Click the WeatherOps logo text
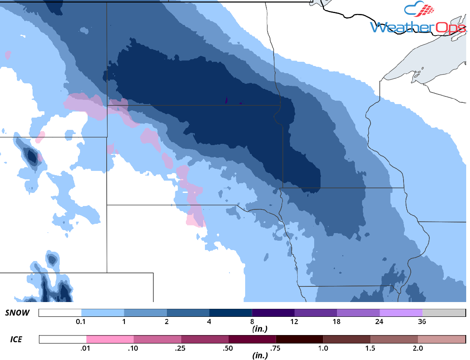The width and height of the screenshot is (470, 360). point(417,27)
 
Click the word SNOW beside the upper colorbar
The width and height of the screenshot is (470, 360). point(17,313)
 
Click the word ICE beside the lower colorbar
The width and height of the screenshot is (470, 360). point(16,339)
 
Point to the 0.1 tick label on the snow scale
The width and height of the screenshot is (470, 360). point(81,322)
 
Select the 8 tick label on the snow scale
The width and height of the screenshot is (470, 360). point(252,322)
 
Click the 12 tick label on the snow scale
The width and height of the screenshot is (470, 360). point(294,322)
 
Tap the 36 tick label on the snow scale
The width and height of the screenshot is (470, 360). point(422,322)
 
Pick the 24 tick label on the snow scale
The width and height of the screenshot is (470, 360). point(379,322)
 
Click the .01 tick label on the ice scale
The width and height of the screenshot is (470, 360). point(86,348)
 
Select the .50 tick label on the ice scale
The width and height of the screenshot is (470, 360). point(228,348)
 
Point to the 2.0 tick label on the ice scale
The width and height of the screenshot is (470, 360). point(417,348)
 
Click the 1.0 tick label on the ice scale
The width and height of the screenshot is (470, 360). point(323,348)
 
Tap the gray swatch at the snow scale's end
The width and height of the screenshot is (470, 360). point(443,313)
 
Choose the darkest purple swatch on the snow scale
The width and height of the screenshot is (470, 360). point(273,313)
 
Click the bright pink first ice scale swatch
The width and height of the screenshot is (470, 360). point(110,339)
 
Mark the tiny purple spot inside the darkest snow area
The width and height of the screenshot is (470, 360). point(227,101)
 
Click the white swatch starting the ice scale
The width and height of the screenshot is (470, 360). point(63,339)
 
